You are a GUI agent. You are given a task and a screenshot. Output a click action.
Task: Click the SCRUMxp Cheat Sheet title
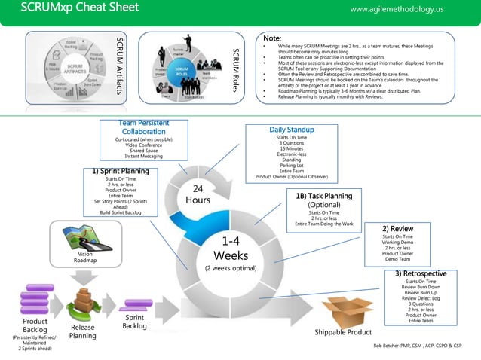pyautogui.click(x=79, y=8)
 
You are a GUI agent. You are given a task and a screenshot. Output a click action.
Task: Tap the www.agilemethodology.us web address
pyautogui.click(x=397, y=9)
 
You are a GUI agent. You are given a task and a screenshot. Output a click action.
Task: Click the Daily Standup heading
pyautogui.click(x=291, y=130)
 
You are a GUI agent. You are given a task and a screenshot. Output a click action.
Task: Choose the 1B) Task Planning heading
pyautogui.click(x=324, y=196)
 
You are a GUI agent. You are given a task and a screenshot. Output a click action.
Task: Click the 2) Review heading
pyautogui.click(x=397, y=228)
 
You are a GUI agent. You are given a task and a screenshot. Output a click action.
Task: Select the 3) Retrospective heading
pyautogui.click(x=421, y=273)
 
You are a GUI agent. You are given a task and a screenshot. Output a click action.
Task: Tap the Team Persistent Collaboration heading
pyautogui.click(x=144, y=127)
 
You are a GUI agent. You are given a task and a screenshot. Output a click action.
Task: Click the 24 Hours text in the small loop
pyautogui.click(x=198, y=194)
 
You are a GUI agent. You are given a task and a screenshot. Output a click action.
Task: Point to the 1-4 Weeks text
pyautogui.click(x=231, y=248)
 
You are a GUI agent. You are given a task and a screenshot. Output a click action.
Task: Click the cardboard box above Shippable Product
pyautogui.click(x=348, y=312)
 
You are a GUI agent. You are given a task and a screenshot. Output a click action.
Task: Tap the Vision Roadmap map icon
pyautogui.click(x=85, y=237)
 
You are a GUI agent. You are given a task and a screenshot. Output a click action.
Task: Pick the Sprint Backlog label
pyautogui.click(x=134, y=322)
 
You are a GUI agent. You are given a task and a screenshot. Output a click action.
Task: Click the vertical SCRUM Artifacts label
pyautogui.click(x=118, y=69)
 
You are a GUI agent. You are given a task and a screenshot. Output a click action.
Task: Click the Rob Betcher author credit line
pyautogui.click(x=417, y=345)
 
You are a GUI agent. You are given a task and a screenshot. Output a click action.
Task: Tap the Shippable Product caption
pyautogui.click(x=343, y=332)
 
